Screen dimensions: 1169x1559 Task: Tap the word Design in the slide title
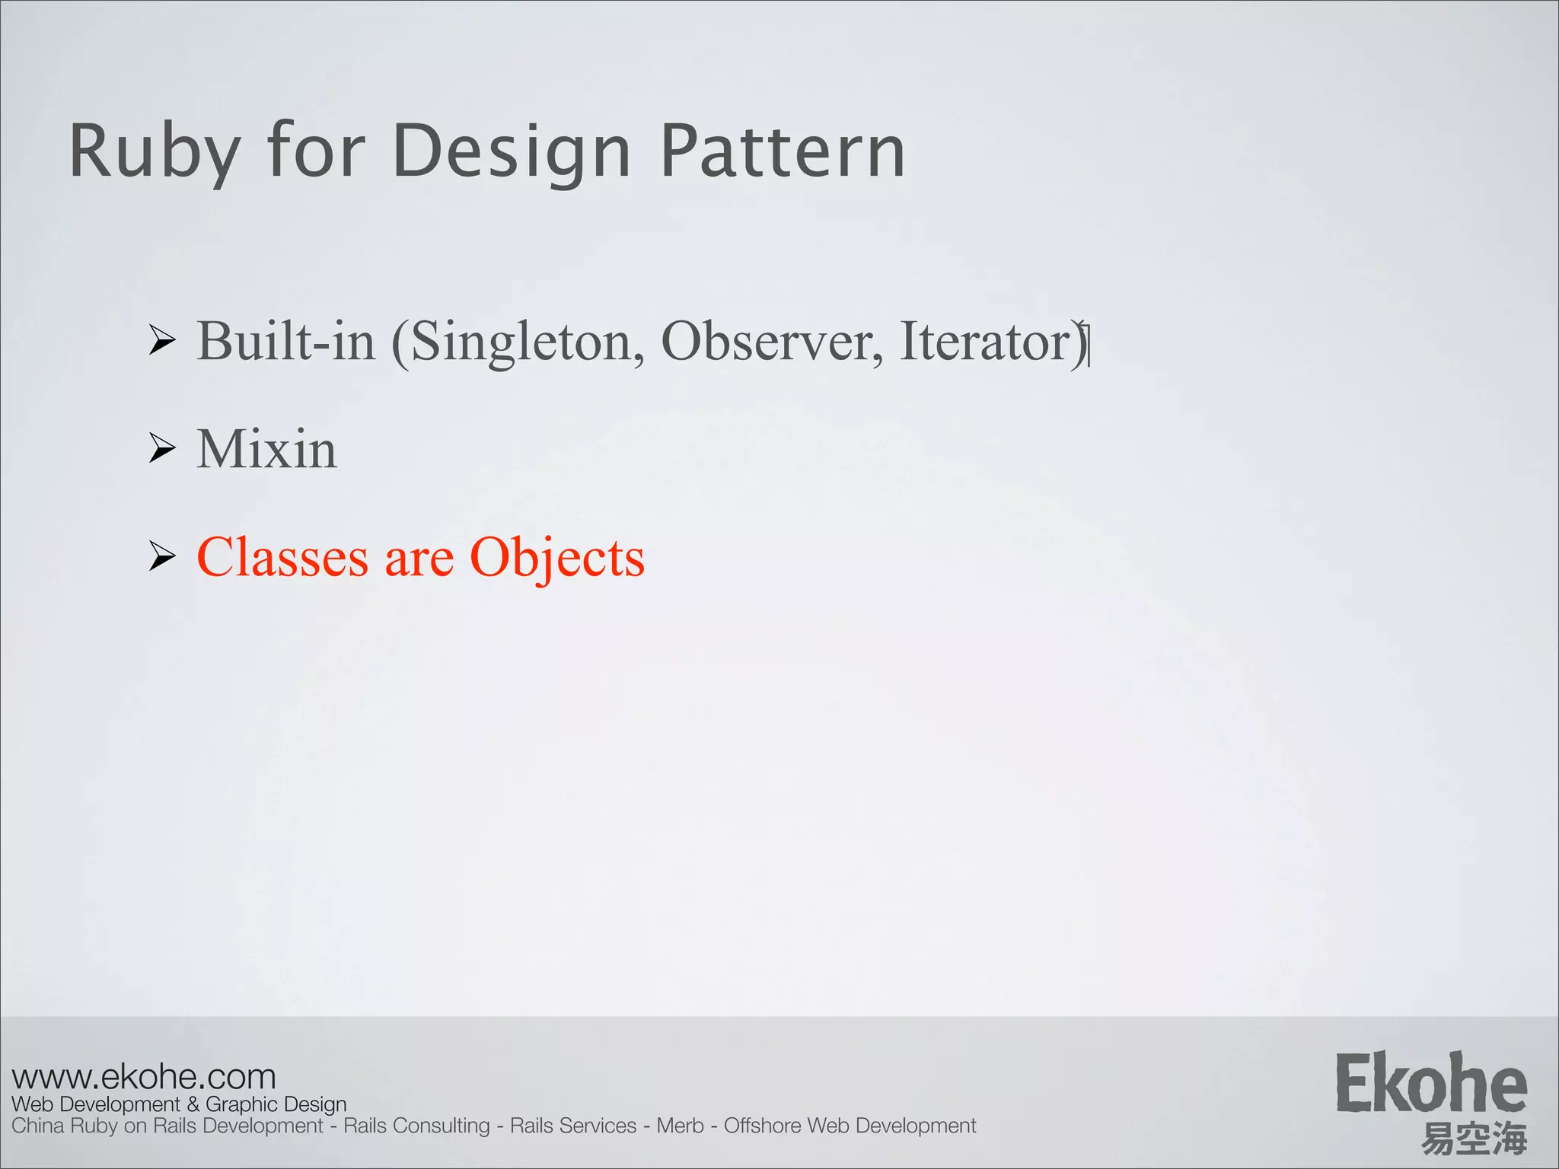(x=512, y=153)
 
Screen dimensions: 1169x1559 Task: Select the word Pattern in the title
(x=783, y=151)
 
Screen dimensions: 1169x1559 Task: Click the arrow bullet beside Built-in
(x=162, y=339)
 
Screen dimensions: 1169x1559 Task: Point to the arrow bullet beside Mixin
(x=162, y=448)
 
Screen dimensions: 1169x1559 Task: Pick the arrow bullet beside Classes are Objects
(x=162, y=556)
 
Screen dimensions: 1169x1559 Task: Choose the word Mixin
(x=266, y=448)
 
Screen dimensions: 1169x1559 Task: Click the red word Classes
(x=282, y=557)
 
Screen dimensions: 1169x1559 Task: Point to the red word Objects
(x=557, y=558)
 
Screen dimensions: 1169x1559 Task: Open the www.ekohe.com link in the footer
(x=144, y=1077)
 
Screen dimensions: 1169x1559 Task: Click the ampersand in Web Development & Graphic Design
(x=193, y=1104)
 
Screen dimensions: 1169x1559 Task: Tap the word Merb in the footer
(x=680, y=1126)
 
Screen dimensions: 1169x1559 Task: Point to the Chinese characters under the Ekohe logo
(x=1474, y=1139)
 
